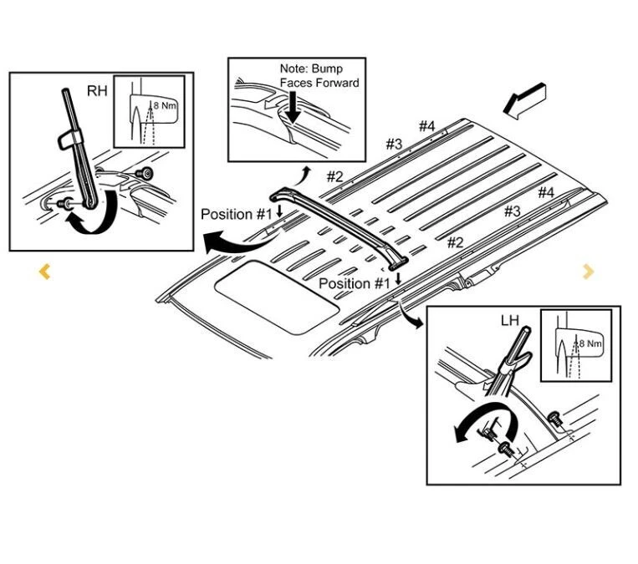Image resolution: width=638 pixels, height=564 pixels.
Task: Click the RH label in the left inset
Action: point(97,90)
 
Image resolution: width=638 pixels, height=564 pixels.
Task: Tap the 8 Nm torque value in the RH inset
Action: point(166,105)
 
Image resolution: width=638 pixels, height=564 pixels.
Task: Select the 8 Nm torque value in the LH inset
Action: point(590,343)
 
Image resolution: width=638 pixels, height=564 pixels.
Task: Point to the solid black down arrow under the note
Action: point(293,105)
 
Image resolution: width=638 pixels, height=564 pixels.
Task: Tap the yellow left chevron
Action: point(45,272)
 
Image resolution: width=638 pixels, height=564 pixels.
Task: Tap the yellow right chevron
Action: point(589,271)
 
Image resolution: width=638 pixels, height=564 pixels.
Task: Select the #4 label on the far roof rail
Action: point(427,126)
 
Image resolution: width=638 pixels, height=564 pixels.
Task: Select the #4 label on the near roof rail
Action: point(546,193)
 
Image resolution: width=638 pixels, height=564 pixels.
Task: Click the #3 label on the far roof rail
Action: point(394,144)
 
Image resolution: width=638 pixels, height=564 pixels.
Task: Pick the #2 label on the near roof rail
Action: point(455,242)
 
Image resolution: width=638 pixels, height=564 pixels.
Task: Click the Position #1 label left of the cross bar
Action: point(237,215)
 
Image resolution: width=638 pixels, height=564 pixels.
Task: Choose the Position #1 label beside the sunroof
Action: point(355,283)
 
